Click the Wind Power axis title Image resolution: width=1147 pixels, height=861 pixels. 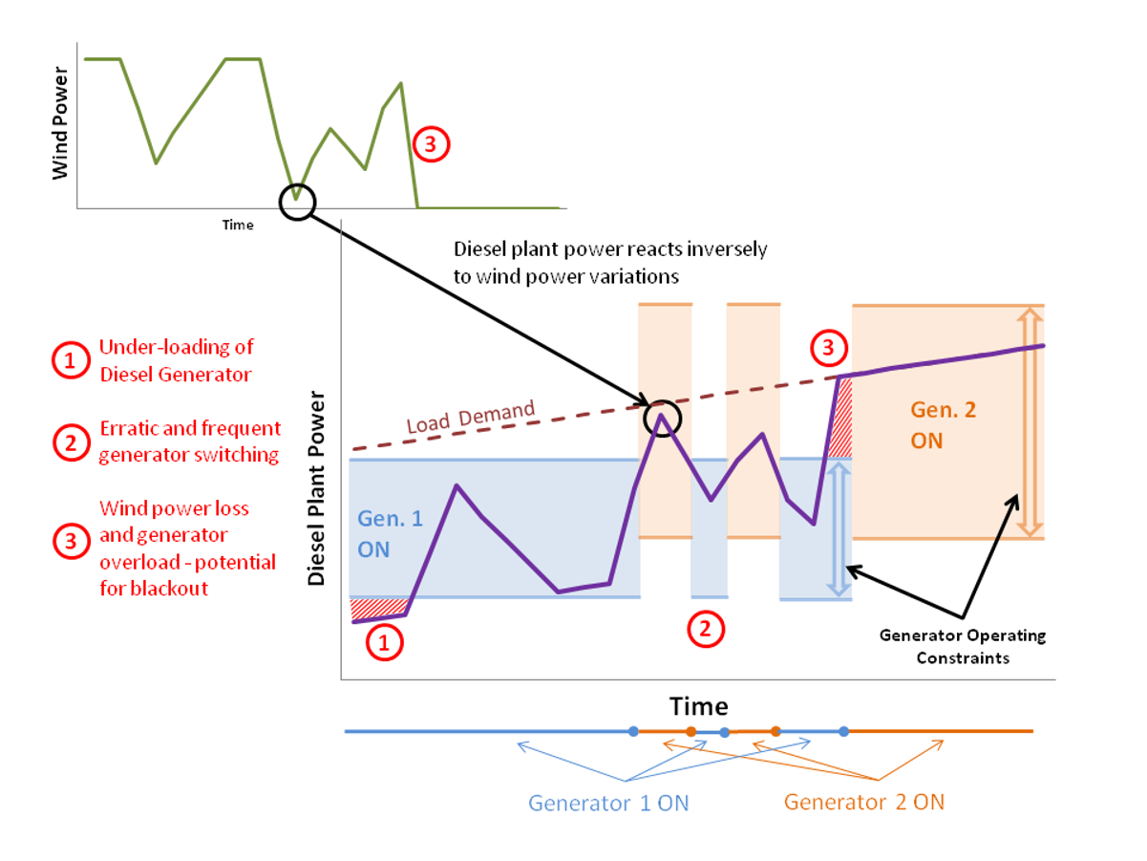60,122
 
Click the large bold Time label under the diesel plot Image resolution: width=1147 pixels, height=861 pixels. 698,706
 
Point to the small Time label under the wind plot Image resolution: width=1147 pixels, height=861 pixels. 238,225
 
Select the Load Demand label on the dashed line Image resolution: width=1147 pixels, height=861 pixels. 471,417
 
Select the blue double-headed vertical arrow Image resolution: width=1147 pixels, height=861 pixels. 838,527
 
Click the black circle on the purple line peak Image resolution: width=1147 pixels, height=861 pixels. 662,418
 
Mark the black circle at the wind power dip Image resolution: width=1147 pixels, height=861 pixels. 298,202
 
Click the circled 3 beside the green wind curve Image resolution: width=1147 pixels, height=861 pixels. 430,145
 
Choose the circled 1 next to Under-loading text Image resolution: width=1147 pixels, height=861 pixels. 70,360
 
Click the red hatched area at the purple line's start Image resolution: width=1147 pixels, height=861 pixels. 377,609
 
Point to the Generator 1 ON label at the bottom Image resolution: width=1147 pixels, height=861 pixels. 608,803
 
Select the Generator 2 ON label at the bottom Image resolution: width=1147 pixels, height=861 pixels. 864,802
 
